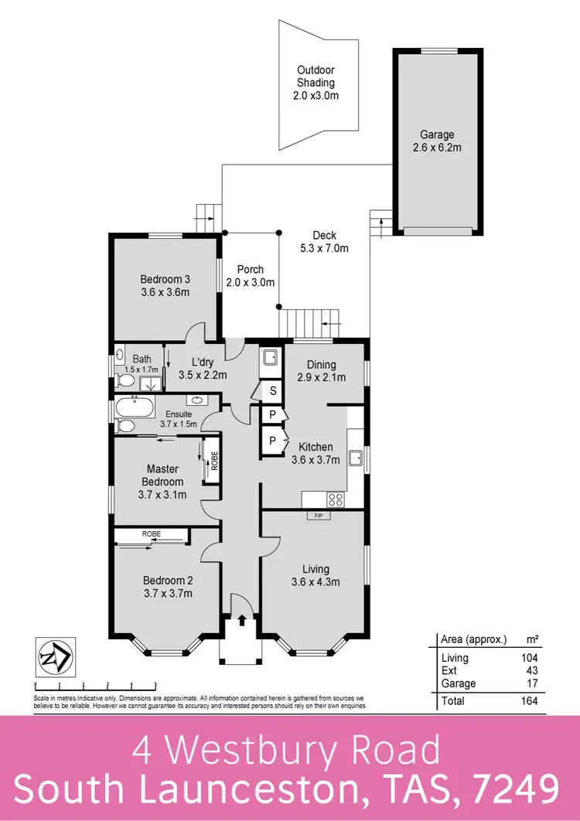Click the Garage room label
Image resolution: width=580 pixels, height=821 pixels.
(437, 141)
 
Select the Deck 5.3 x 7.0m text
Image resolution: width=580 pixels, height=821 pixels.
(324, 242)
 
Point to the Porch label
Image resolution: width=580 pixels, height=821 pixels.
(250, 276)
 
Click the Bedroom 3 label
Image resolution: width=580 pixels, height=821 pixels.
(165, 285)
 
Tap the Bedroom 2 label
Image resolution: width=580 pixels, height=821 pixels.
(167, 587)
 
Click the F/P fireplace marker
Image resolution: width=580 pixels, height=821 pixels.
(318, 515)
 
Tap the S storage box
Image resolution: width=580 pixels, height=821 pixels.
(272, 391)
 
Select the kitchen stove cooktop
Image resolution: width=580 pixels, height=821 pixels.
(336, 498)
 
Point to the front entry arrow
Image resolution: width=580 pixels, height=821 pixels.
(241, 619)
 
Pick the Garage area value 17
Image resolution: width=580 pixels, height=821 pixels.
(531, 683)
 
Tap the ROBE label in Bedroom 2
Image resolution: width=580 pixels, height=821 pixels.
(151, 533)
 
